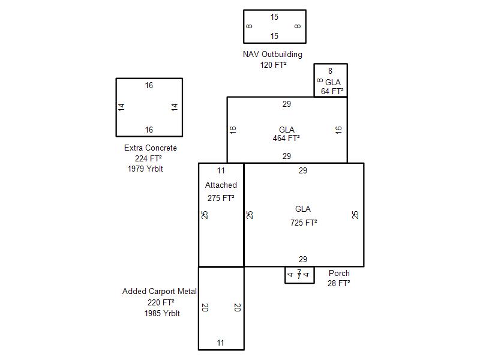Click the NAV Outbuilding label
coord(272,55)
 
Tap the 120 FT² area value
coord(274,65)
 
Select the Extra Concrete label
coord(151,148)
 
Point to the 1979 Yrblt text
coord(145,169)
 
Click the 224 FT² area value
coord(148,158)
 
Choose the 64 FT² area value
coord(332,91)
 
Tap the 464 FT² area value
coord(286,138)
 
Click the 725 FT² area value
coord(304,223)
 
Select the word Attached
coord(221,185)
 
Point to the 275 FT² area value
coord(221,198)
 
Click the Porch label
coord(339,273)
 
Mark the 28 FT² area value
coord(338,283)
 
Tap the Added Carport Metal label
coord(160,291)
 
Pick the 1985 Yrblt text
coord(162,313)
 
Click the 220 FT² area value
coord(161,302)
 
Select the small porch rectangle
coord(299,283)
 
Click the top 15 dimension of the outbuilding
coord(274,17)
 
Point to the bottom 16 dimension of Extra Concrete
coord(149,130)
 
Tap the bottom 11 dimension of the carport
coord(220,343)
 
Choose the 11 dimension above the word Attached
coord(221,170)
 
